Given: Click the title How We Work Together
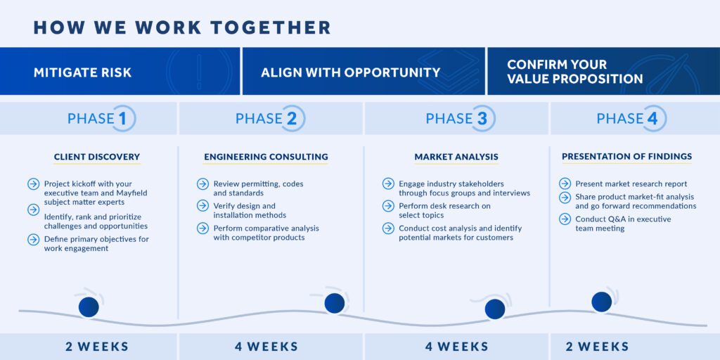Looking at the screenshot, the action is click(182, 27).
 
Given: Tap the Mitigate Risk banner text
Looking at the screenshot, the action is click(83, 72).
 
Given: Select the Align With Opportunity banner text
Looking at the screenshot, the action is click(351, 72).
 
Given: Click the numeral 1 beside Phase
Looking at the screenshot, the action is click(122, 118).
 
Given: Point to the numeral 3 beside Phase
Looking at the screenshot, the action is click(482, 118).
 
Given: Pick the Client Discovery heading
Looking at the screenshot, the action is click(97, 157).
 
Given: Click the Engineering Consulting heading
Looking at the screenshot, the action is click(266, 157).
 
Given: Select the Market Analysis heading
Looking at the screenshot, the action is click(456, 157).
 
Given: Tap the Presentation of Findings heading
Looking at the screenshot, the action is click(626, 157).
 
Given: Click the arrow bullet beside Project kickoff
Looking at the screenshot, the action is click(34, 184).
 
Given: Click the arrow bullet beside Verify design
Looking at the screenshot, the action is click(203, 206).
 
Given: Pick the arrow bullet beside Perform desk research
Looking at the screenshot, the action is click(388, 206).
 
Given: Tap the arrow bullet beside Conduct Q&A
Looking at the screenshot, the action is click(565, 219).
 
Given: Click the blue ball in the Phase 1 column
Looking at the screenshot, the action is click(89, 307).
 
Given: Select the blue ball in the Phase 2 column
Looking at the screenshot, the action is click(334, 304).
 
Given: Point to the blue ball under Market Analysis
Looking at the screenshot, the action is click(495, 309).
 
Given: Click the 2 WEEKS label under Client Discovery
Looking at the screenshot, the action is click(97, 346).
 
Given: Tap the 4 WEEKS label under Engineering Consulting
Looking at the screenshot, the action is click(266, 346).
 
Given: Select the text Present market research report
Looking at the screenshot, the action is click(631, 184).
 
